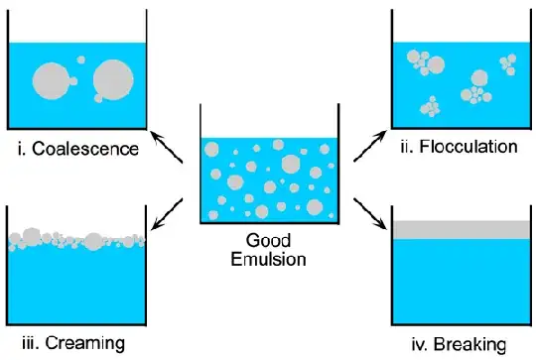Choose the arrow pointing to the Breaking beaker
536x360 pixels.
coord(369,210)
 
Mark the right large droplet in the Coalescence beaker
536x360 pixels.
coord(111,78)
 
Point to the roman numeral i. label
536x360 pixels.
coord(23,151)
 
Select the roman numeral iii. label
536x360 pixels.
coord(29,343)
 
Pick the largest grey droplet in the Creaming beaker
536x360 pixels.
coord(94,241)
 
